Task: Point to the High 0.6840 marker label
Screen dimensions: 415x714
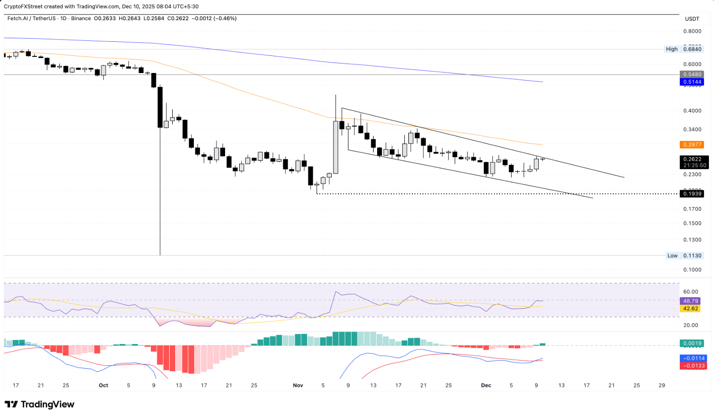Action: (x=684, y=49)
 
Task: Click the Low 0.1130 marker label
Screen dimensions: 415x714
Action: (x=684, y=255)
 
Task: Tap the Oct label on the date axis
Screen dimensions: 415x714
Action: (x=103, y=385)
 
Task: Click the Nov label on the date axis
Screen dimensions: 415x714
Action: (x=298, y=385)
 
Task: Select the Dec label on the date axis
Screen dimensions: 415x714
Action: (x=486, y=385)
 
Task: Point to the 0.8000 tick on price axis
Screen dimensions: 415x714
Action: (x=692, y=31)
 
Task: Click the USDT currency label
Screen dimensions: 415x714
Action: (x=692, y=19)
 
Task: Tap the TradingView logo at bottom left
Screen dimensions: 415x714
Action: (x=39, y=404)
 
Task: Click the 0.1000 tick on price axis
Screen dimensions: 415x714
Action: (x=692, y=269)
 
